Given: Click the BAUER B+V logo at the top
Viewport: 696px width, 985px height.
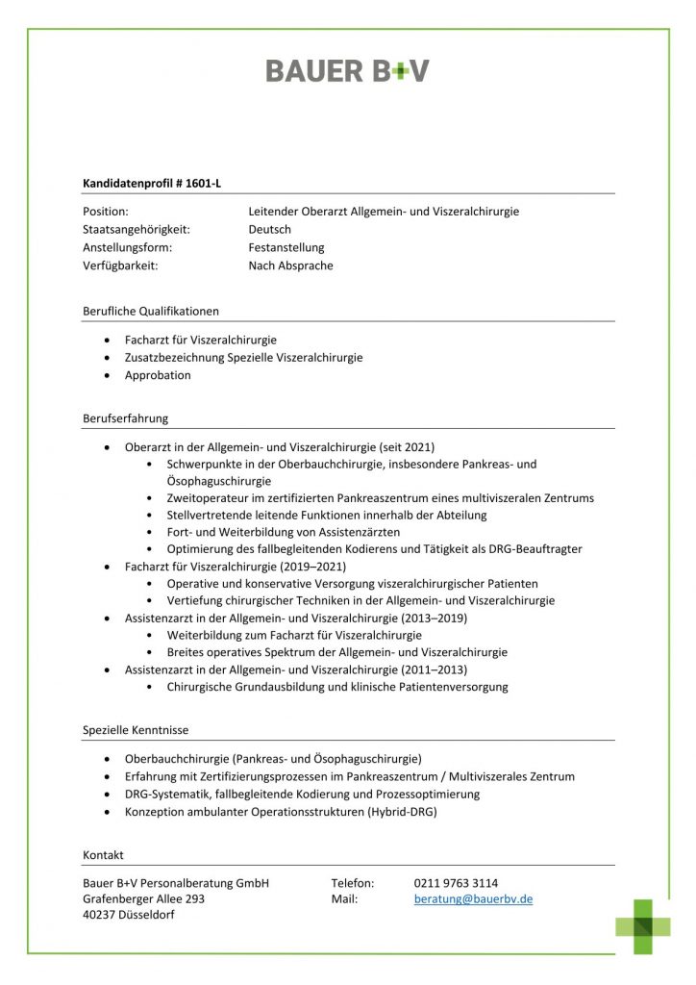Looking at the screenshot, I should click(x=347, y=70).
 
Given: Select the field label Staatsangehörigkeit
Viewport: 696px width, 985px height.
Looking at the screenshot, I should click(x=136, y=230).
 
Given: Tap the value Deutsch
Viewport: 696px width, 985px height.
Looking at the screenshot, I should click(x=269, y=230).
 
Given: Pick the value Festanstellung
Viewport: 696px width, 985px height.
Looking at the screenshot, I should click(x=286, y=248).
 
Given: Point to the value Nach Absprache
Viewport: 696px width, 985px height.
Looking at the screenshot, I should click(x=290, y=265).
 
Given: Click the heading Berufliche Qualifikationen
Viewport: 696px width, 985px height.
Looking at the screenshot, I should click(x=151, y=311).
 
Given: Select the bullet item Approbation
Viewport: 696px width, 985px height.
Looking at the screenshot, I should click(x=158, y=375).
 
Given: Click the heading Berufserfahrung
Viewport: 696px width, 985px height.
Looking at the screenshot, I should click(x=126, y=418).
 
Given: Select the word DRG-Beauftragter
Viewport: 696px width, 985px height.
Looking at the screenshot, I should click(x=534, y=549).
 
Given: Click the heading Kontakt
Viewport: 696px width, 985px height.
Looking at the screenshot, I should click(x=103, y=854).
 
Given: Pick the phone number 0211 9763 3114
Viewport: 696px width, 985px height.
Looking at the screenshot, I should click(x=456, y=882).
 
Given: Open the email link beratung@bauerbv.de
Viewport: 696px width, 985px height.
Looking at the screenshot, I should click(x=473, y=899).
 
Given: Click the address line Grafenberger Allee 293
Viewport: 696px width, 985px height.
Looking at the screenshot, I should click(x=144, y=899).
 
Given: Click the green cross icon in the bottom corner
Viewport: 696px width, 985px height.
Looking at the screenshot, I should click(x=643, y=925).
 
